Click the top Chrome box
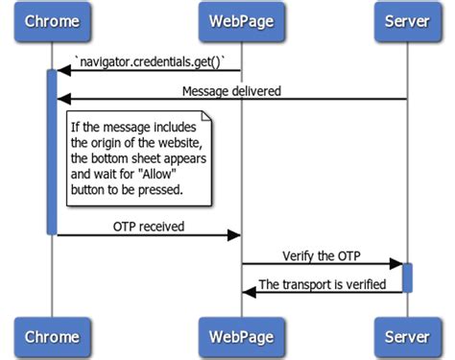(x=52, y=21)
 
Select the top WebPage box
(x=240, y=21)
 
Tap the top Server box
(x=406, y=21)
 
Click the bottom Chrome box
(x=52, y=337)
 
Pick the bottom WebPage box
(x=240, y=337)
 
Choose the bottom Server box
(x=406, y=337)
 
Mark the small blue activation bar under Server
(x=406, y=276)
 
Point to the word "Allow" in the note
(x=169, y=176)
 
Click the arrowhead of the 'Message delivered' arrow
(x=63, y=99)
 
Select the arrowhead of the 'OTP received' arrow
(x=233, y=234)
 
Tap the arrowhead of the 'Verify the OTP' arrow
(x=395, y=263)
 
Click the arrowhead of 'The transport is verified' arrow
(x=248, y=291)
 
